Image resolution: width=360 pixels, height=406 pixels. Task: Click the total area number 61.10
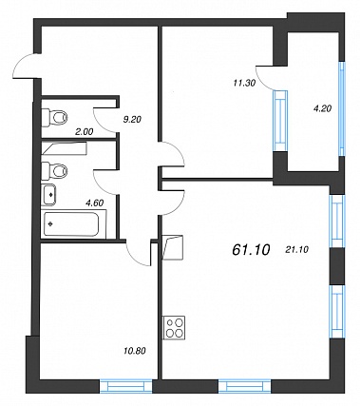(x=251, y=250)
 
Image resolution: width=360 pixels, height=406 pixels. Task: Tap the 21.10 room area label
(x=296, y=250)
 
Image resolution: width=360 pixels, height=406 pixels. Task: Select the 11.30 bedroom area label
(x=244, y=83)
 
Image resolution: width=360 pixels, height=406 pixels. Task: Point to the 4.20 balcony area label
(x=322, y=108)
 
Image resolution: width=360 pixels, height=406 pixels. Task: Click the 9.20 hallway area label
(x=132, y=119)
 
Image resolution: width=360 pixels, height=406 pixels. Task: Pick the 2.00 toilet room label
(x=84, y=132)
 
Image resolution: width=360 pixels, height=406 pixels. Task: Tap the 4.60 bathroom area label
(x=94, y=203)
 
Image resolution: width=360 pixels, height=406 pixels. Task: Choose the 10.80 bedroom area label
(x=135, y=351)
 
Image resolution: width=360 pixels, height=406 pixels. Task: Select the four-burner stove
(x=174, y=327)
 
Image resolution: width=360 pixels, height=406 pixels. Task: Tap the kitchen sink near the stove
(x=173, y=247)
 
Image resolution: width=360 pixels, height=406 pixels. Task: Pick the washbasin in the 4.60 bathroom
(x=48, y=194)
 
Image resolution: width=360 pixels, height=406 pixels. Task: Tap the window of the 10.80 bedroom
(x=126, y=387)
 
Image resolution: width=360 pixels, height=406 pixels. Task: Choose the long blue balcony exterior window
(x=342, y=108)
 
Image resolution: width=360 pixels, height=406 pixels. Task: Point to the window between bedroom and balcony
(x=280, y=121)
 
